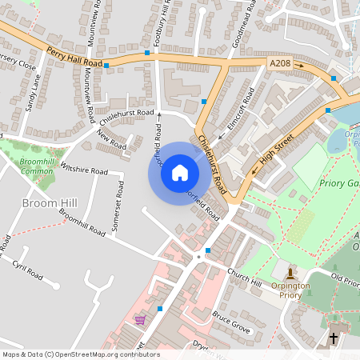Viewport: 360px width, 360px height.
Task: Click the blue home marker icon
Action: [x=180, y=173]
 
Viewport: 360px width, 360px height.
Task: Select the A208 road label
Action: [x=280, y=62]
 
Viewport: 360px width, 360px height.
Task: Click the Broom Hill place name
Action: [x=51, y=203]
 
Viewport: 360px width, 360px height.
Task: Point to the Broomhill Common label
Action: [x=36, y=166]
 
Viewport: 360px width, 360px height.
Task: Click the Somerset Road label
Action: [x=119, y=206]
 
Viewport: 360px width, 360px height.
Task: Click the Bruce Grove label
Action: [x=231, y=321]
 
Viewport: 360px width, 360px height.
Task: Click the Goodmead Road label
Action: [x=249, y=26]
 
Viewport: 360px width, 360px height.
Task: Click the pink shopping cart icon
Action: [x=141, y=321]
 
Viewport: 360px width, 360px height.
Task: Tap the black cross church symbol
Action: [x=334, y=338]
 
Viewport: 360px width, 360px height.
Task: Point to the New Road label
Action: [x=113, y=141]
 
